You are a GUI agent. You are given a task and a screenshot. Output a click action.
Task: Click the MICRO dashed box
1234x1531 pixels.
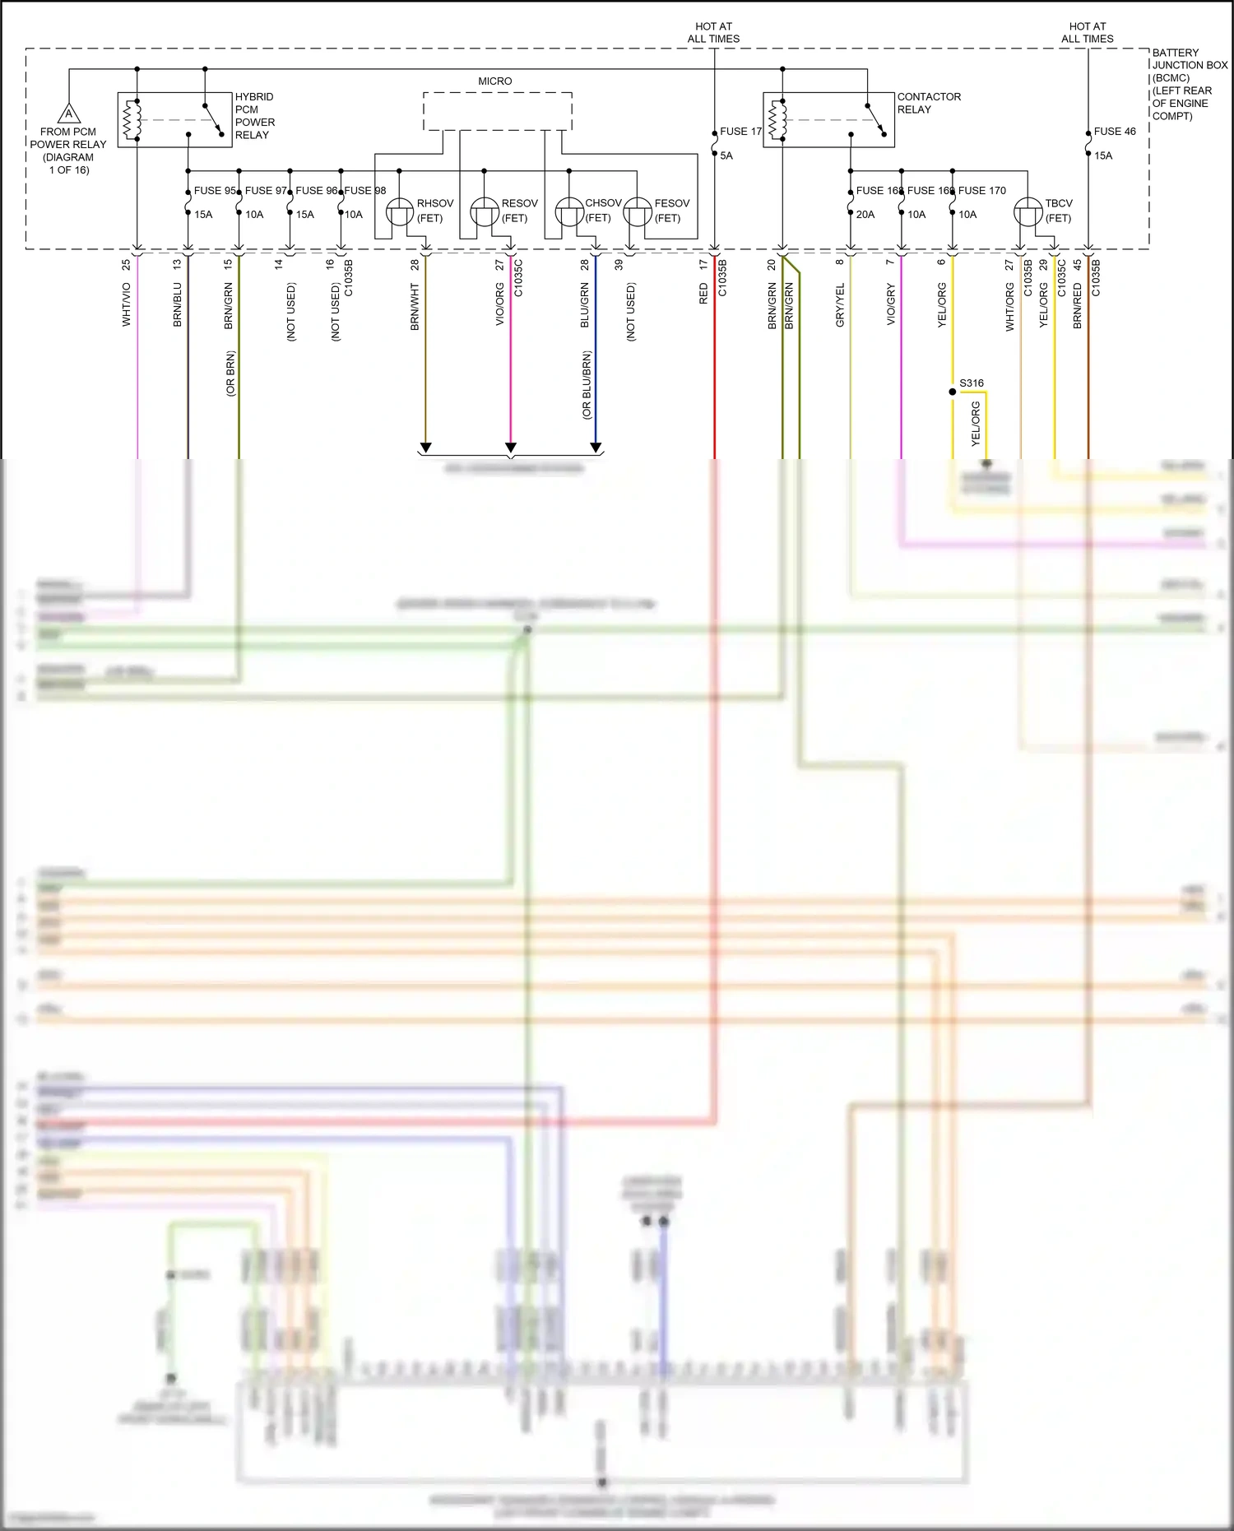pyautogui.click(x=497, y=111)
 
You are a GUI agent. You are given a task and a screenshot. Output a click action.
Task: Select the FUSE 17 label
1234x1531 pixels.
pyautogui.click(x=740, y=132)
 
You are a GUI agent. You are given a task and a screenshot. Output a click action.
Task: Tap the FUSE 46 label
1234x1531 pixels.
pyautogui.click(x=1114, y=132)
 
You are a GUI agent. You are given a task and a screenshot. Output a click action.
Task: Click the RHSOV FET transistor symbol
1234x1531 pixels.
pyautogui.click(x=400, y=212)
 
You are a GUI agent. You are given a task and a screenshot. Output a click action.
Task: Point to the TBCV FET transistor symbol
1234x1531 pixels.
pyautogui.click(x=1028, y=212)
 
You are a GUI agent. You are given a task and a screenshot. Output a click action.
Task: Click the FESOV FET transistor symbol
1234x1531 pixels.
pyautogui.click(x=638, y=212)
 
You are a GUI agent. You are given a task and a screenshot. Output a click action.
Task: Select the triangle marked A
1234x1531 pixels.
pyautogui.click(x=69, y=114)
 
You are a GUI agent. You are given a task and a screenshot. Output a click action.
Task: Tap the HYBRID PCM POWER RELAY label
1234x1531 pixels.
pyautogui.click(x=254, y=116)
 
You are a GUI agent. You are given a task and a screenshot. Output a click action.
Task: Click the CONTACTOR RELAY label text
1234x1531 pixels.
pyautogui.click(x=928, y=103)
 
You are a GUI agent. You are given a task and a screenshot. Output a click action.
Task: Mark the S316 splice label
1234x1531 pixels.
pyautogui.click(x=971, y=383)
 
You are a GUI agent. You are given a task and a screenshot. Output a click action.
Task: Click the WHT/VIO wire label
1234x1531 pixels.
pyautogui.click(x=127, y=304)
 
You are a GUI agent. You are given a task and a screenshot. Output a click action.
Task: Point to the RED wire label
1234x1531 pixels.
pyautogui.click(x=703, y=294)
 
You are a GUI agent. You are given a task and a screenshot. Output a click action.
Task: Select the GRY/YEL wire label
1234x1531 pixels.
pyautogui.click(x=840, y=305)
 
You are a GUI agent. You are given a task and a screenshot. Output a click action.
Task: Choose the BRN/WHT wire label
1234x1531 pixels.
pyautogui.click(x=415, y=307)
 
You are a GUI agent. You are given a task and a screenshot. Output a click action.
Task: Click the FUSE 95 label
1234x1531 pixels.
pyautogui.click(x=214, y=191)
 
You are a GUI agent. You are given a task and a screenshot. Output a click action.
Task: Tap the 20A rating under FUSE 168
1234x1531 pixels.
pyautogui.click(x=865, y=215)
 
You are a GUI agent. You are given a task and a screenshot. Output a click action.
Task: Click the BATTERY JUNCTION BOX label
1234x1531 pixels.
pyautogui.click(x=1189, y=84)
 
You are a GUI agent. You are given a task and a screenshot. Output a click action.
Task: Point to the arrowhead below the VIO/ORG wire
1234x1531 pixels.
pyautogui.click(x=511, y=448)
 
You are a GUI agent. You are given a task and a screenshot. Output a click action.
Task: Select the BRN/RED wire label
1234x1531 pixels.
pyautogui.click(x=1078, y=306)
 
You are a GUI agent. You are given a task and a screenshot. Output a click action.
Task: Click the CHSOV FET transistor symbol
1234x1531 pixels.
pyautogui.click(x=569, y=212)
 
